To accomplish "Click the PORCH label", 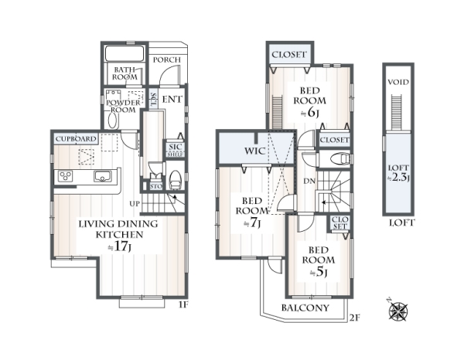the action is pyautogui.click(x=166, y=59).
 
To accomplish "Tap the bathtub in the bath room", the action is pyautogui.click(x=125, y=53).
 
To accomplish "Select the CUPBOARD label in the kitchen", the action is pyautogui.click(x=76, y=139).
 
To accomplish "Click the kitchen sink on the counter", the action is pyautogui.click(x=103, y=176).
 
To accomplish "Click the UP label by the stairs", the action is pyautogui.click(x=135, y=204).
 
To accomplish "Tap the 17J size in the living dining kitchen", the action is pyautogui.click(x=119, y=246).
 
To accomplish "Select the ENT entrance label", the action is pyautogui.click(x=172, y=100).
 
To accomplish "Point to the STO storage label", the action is pyautogui.click(x=156, y=186).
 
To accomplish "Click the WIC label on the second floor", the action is pyautogui.click(x=254, y=151).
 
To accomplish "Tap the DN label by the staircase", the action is pyautogui.click(x=309, y=182).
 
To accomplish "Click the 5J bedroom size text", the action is pyautogui.click(x=319, y=273).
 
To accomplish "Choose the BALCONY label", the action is pyautogui.click(x=305, y=308).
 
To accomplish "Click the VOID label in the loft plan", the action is pyautogui.click(x=398, y=82).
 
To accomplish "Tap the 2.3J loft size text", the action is pyautogui.click(x=398, y=178).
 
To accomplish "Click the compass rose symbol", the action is pyautogui.click(x=397, y=311).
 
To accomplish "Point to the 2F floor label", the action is pyautogui.click(x=354, y=318).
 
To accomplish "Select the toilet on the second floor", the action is pyautogui.click(x=340, y=158).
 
